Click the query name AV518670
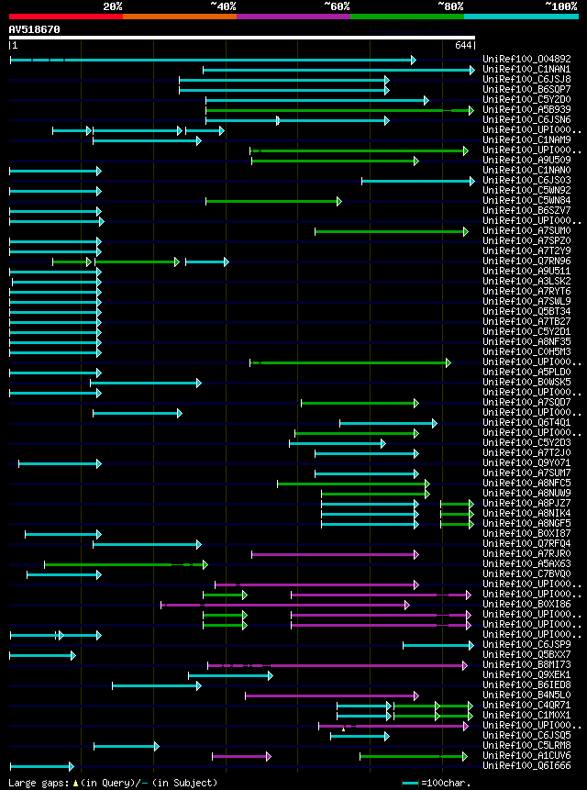[x=34, y=29]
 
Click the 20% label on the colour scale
[x=113, y=6]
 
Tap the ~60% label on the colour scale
[x=337, y=6]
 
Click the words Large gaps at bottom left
[x=36, y=783]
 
